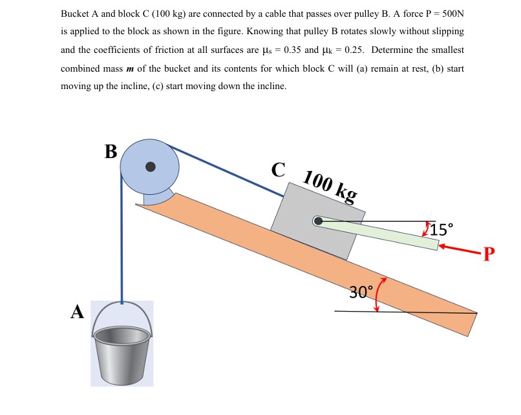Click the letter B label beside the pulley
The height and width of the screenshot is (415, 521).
point(111,152)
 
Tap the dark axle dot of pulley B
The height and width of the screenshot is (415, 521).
point(151,167)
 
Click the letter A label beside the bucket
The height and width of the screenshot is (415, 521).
point(78,312)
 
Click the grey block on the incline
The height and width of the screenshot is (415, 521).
point(317,223)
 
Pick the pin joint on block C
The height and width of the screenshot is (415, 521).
point(317,221)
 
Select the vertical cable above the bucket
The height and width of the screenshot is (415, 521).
point(121,245)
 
